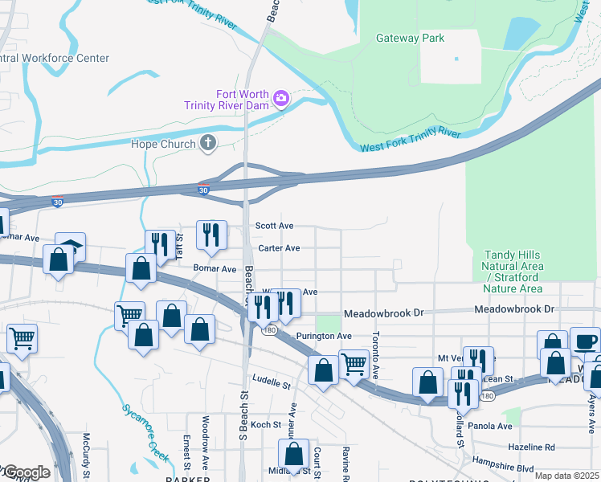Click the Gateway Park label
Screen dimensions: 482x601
pyautogui.click(x=411, y=38)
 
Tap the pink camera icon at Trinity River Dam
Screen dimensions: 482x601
pyautogui.click(x=281, y=99)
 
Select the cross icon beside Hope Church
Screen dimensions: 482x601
pyautogui.click(x=208, y=144)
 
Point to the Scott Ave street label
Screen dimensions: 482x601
pyautogui.click(x=274, y=227)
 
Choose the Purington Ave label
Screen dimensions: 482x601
pyautogui.click(x=323, y=336)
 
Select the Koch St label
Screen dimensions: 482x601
pyautogui.click(x=266, y=424)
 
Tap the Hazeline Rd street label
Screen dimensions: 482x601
pyautogui.click(x=531, y=447)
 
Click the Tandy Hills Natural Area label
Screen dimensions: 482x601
pyautogui.click(x=513, y=272)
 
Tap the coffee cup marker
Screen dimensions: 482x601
pyautogui.click(x=585, y=341)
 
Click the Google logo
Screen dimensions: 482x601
pyautogui.click(x=26, y=472)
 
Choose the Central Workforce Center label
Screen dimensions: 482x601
pyautogui.click(x=55, y=59)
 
